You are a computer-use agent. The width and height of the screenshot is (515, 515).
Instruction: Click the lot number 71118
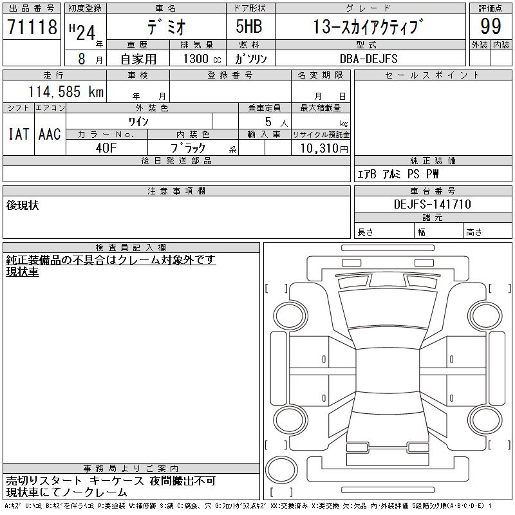coord(32,27)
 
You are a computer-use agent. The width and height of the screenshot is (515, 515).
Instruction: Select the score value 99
coord(491,26)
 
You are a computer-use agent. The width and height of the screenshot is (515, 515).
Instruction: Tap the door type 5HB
coord(249,26)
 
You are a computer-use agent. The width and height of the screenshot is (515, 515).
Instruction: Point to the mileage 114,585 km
coord(66,91)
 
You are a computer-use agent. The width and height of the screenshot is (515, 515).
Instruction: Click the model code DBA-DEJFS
coord(368,59)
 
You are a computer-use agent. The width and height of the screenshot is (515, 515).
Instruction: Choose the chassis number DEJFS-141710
coord(432,204)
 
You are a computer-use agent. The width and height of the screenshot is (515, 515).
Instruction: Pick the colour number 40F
coord(106,148)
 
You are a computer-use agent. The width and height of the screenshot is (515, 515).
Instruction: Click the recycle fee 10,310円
coord(324,149)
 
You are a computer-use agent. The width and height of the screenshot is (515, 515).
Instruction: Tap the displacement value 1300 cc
coord(202,59)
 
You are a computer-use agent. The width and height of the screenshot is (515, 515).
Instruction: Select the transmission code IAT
coord(19,134)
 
